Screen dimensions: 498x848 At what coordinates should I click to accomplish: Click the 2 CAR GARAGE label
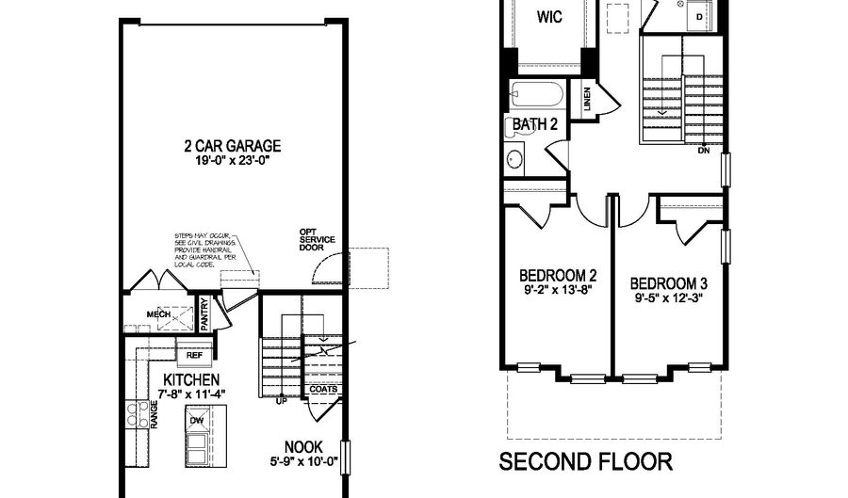[x=234, y=146]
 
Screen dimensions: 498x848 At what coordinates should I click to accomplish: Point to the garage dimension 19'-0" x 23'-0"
[x=234, y=161]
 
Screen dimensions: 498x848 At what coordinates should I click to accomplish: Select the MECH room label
[x=156, y=314]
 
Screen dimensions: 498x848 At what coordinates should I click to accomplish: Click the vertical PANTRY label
[x=204, y=314]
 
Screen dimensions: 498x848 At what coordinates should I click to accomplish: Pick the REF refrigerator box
[x=194, y=355]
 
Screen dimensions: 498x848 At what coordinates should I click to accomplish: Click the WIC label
[x=550, y=16]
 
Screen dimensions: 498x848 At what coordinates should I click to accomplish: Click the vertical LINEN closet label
[x=587, y=100]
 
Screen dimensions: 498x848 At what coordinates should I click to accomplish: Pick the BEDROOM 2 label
[x=559, y=276]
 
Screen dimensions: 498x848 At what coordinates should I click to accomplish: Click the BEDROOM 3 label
[x=668, y=282]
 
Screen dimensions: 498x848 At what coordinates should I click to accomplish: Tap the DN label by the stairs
[x=703, y=151]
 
